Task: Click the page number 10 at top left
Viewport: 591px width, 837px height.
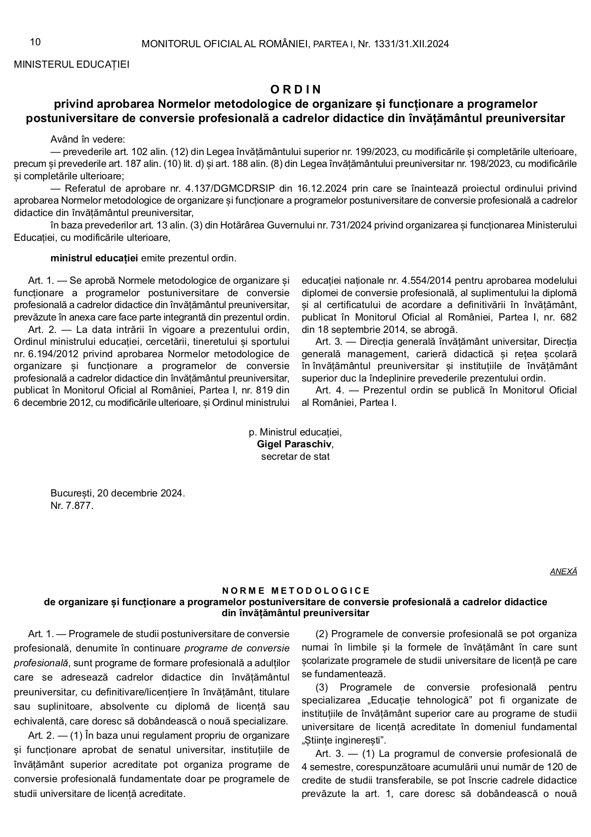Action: [35, 42]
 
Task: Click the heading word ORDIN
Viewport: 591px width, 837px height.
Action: [295, 89]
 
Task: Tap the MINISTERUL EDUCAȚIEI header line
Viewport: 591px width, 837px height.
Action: [71, 64]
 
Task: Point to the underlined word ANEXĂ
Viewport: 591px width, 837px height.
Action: [563, 571]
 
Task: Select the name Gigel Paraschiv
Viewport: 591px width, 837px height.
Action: [294, 444]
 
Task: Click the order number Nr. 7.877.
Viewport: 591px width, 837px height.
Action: [72, 506]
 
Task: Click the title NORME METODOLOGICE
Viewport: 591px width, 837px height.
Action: [295, 591]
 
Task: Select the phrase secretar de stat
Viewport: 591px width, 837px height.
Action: [295, 456]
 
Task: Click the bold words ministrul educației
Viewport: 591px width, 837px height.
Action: [94, 258]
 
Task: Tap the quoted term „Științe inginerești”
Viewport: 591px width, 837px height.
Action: [345, 740]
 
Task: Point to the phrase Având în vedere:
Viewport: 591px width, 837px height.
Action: [88, 139]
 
